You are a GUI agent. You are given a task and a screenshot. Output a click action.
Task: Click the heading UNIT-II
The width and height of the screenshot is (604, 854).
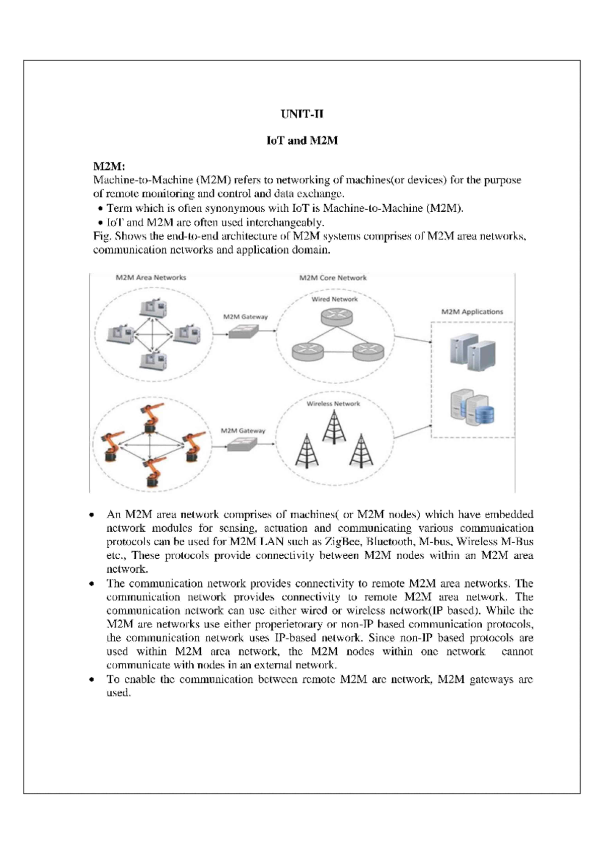[301, 114]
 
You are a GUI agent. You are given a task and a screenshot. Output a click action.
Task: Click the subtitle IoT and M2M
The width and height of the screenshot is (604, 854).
[301, 141]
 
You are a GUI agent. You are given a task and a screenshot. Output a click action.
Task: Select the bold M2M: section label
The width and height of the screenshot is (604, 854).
[109, 166]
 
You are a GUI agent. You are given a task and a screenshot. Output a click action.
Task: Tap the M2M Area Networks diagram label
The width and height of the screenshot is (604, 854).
[151, 278]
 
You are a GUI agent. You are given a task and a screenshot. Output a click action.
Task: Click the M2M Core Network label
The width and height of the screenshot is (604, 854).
[333, 278]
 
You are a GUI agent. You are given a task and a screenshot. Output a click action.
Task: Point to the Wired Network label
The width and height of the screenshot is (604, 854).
[334, 299]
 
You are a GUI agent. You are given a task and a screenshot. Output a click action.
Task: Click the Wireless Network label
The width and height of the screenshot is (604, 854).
[333, 403]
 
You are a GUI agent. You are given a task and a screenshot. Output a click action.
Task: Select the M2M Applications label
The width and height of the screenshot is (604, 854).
[472, 312]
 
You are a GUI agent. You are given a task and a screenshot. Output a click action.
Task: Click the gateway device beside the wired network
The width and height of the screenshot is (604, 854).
[243, 331]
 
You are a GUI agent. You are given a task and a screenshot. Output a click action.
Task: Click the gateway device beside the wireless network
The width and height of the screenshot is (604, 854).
[241, 444]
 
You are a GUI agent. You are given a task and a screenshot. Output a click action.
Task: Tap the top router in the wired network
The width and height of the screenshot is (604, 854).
[337, 317]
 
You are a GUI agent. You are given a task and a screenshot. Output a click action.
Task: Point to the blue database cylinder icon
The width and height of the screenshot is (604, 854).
[485, 413]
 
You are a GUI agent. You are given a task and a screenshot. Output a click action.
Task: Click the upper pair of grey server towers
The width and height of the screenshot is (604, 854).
[473, 352]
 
